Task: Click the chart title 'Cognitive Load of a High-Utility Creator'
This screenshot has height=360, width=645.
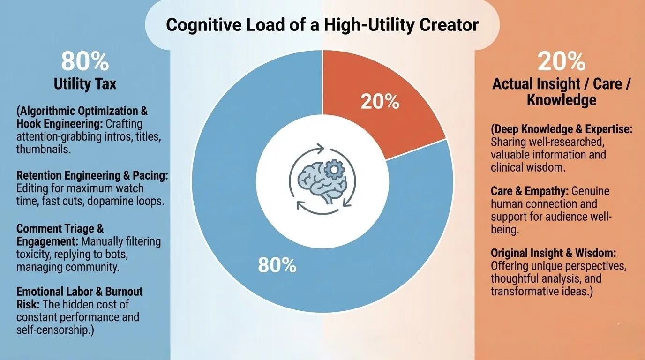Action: click(322, 24)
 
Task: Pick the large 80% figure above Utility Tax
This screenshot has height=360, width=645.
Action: click(85, 62)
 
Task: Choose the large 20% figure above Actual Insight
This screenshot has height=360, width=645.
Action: click(561, 62)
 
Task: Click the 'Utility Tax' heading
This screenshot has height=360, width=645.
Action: click(85, 84)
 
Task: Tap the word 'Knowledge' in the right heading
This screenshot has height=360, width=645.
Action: click(561, 100)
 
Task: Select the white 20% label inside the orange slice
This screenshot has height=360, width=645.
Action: click(380, 102)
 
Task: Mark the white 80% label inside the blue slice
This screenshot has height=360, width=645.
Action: click(277, 266)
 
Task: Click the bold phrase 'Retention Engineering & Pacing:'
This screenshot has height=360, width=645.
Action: click(92, 176)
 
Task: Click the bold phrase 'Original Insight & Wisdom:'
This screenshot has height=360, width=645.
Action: click(553, 253)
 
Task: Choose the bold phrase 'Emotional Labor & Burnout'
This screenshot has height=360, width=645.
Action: click(79, 292)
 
